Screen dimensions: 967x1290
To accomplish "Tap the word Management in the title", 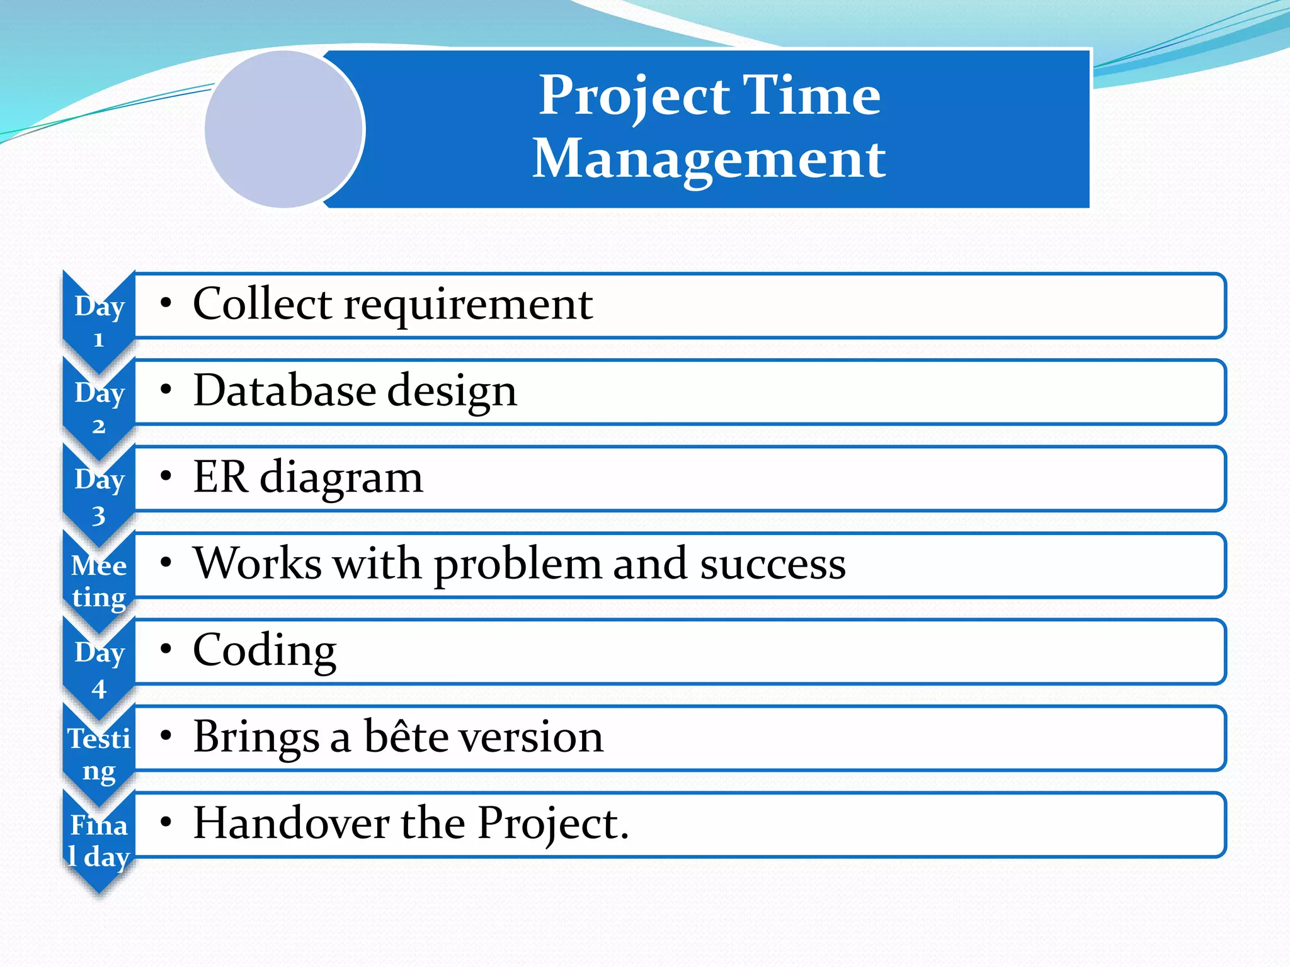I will (x=709, y=160).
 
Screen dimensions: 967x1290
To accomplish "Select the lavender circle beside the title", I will (x=284, y=129).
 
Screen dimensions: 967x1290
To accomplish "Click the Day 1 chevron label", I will (x=99, y=322).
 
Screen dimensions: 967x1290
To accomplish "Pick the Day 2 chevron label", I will (x=99, y=409).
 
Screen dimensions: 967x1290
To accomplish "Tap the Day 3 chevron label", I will (x=99, y=496).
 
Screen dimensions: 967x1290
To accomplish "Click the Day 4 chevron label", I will (x=99, y=669).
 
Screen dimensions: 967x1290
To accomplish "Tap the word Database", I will (x=284, y=390).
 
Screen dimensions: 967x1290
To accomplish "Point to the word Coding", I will (x=265, y=650).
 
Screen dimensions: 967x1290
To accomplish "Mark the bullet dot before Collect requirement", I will (x=166, y=303).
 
